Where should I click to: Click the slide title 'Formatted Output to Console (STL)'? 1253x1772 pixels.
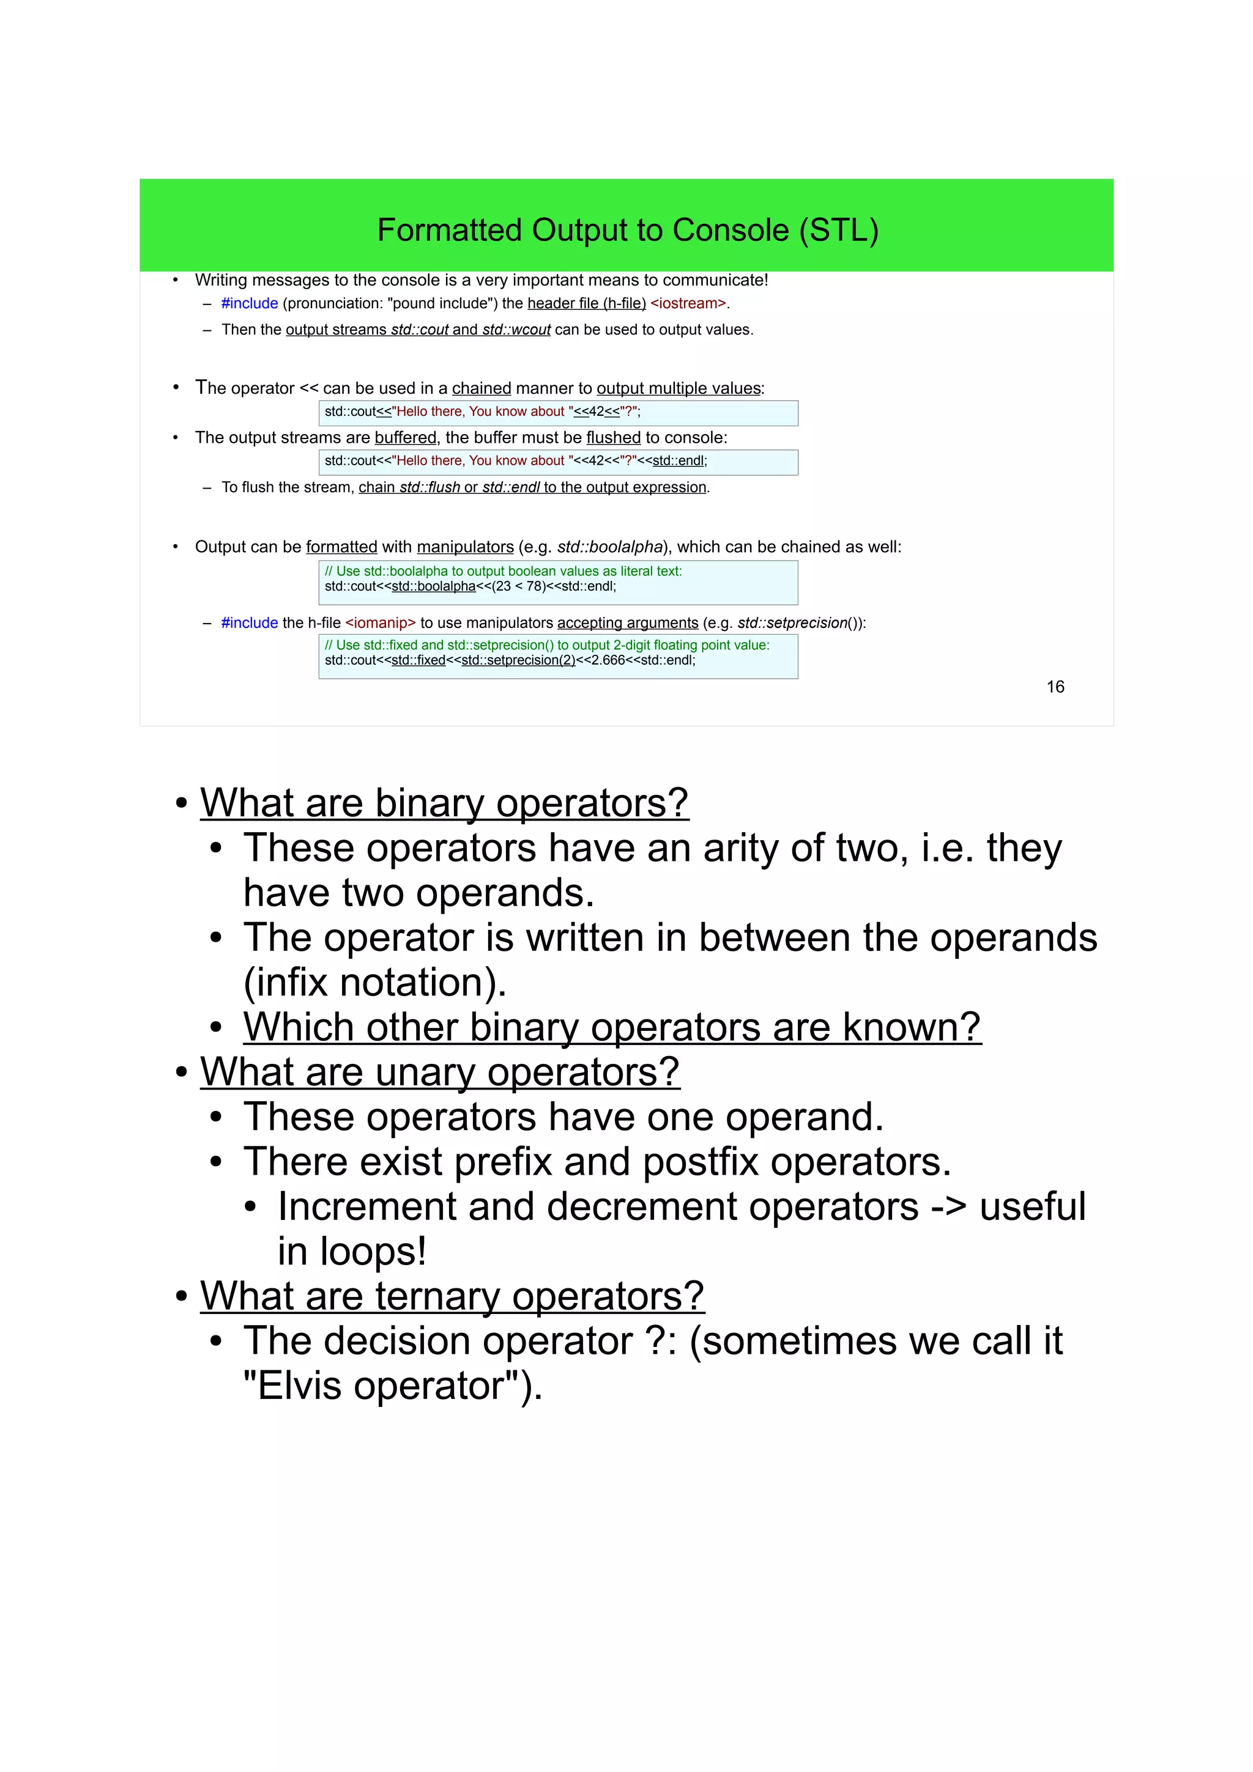click(x=627, y=230)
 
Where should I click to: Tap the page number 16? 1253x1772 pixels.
click(x=1055, y=687)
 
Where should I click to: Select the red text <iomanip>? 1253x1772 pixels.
click(x=381, y=623)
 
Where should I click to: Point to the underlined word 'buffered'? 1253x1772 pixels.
click(x=405, y=438)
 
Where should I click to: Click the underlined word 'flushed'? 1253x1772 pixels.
click(x=613, y=438)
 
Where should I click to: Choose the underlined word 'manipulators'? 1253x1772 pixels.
click(x=465, y=547)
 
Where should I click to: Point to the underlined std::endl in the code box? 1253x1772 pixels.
click(x=678, y=461)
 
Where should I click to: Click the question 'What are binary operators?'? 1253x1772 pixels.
click(x=444, y=803)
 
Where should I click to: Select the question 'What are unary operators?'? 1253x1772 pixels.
click(x=440, y=1072)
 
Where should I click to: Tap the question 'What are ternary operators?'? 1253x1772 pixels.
click(x=452, y=1296)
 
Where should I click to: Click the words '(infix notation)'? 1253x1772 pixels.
click(x=374, y=983)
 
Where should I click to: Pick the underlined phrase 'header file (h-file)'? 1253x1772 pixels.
click(x=587, y=303)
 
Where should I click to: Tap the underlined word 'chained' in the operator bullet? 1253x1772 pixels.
click(x=481, y=388)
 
